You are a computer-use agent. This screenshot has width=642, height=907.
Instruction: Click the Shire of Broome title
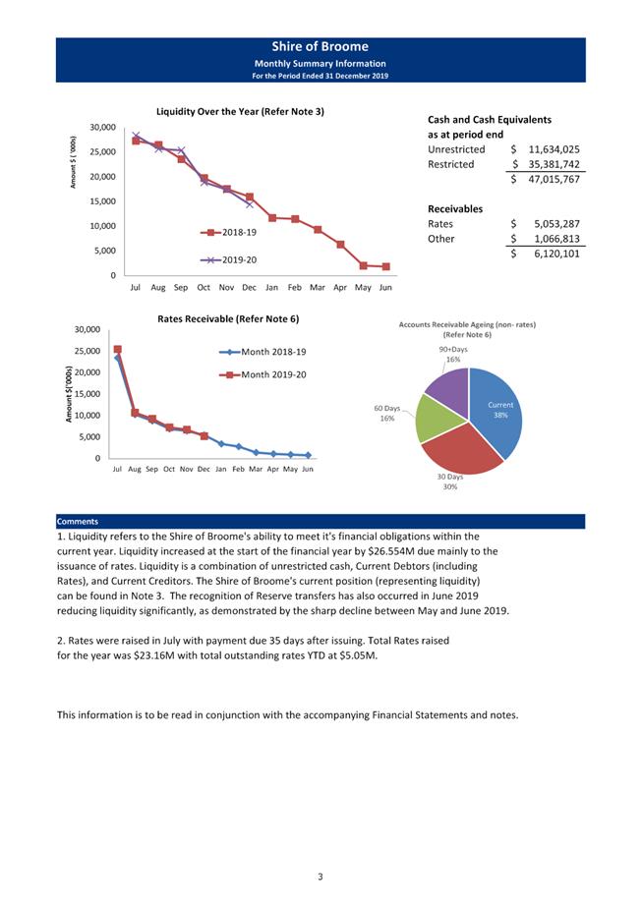[321, 46]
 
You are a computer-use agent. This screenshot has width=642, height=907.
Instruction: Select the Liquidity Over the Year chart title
[240, 111]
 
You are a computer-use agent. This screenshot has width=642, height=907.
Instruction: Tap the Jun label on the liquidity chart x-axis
[385, 288]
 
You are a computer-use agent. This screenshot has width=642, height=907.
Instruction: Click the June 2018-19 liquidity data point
[385, 266]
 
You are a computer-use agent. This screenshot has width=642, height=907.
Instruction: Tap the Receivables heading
[454, 208]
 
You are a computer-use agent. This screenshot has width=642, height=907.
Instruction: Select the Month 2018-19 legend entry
[264, 352]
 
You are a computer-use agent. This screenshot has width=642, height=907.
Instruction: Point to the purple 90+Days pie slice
[448, 387]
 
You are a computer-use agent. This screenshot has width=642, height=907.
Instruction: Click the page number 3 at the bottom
[321, 876]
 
